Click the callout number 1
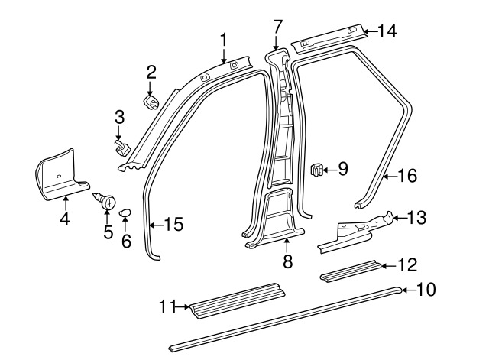pyautogui.click(x=224, y=38)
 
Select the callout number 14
pyautogui.click(x=387, y=31)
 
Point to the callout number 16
pyautogui.click(x=406, y=177)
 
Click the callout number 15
pyautogui.click(x=173, y=224)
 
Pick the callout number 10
pyautogui.click(x=425, y=290)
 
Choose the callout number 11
pyautogui.click(x=168, y=306)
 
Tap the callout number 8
pyautogui.click(x=287, y=261)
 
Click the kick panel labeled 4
pyautogui.click(x=61, y=177)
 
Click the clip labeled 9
pyautogui.click(x=316, y=169)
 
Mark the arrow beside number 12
pyautogui.click(x=387, y=265)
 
